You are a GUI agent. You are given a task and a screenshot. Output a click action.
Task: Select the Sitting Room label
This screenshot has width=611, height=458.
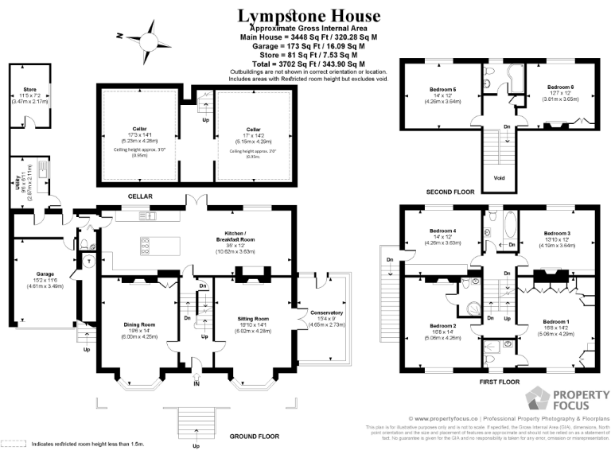coord(255,319)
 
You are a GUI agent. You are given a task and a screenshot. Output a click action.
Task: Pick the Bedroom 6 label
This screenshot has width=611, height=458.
coord(560,87)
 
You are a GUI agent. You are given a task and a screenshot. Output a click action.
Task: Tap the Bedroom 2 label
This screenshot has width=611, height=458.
coord(442,326)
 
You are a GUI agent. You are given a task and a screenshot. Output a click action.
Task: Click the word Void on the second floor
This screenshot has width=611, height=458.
coord(499,178)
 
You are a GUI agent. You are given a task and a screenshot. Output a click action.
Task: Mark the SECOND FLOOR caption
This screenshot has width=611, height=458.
coord(450,192)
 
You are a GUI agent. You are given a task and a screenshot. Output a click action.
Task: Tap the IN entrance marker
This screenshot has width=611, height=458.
coord(196,384)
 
